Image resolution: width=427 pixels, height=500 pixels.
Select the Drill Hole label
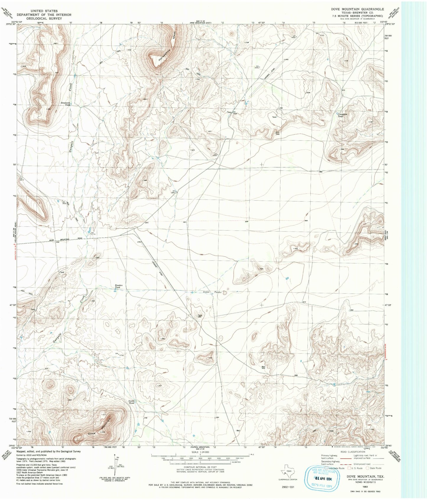point(277,133)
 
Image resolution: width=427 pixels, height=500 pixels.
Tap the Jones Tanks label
point(212,292)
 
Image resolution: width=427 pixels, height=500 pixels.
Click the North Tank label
point(131,402)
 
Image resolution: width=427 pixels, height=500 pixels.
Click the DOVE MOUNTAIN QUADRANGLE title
point(357,9)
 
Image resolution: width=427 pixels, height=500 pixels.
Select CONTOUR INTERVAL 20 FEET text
point(200,467)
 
